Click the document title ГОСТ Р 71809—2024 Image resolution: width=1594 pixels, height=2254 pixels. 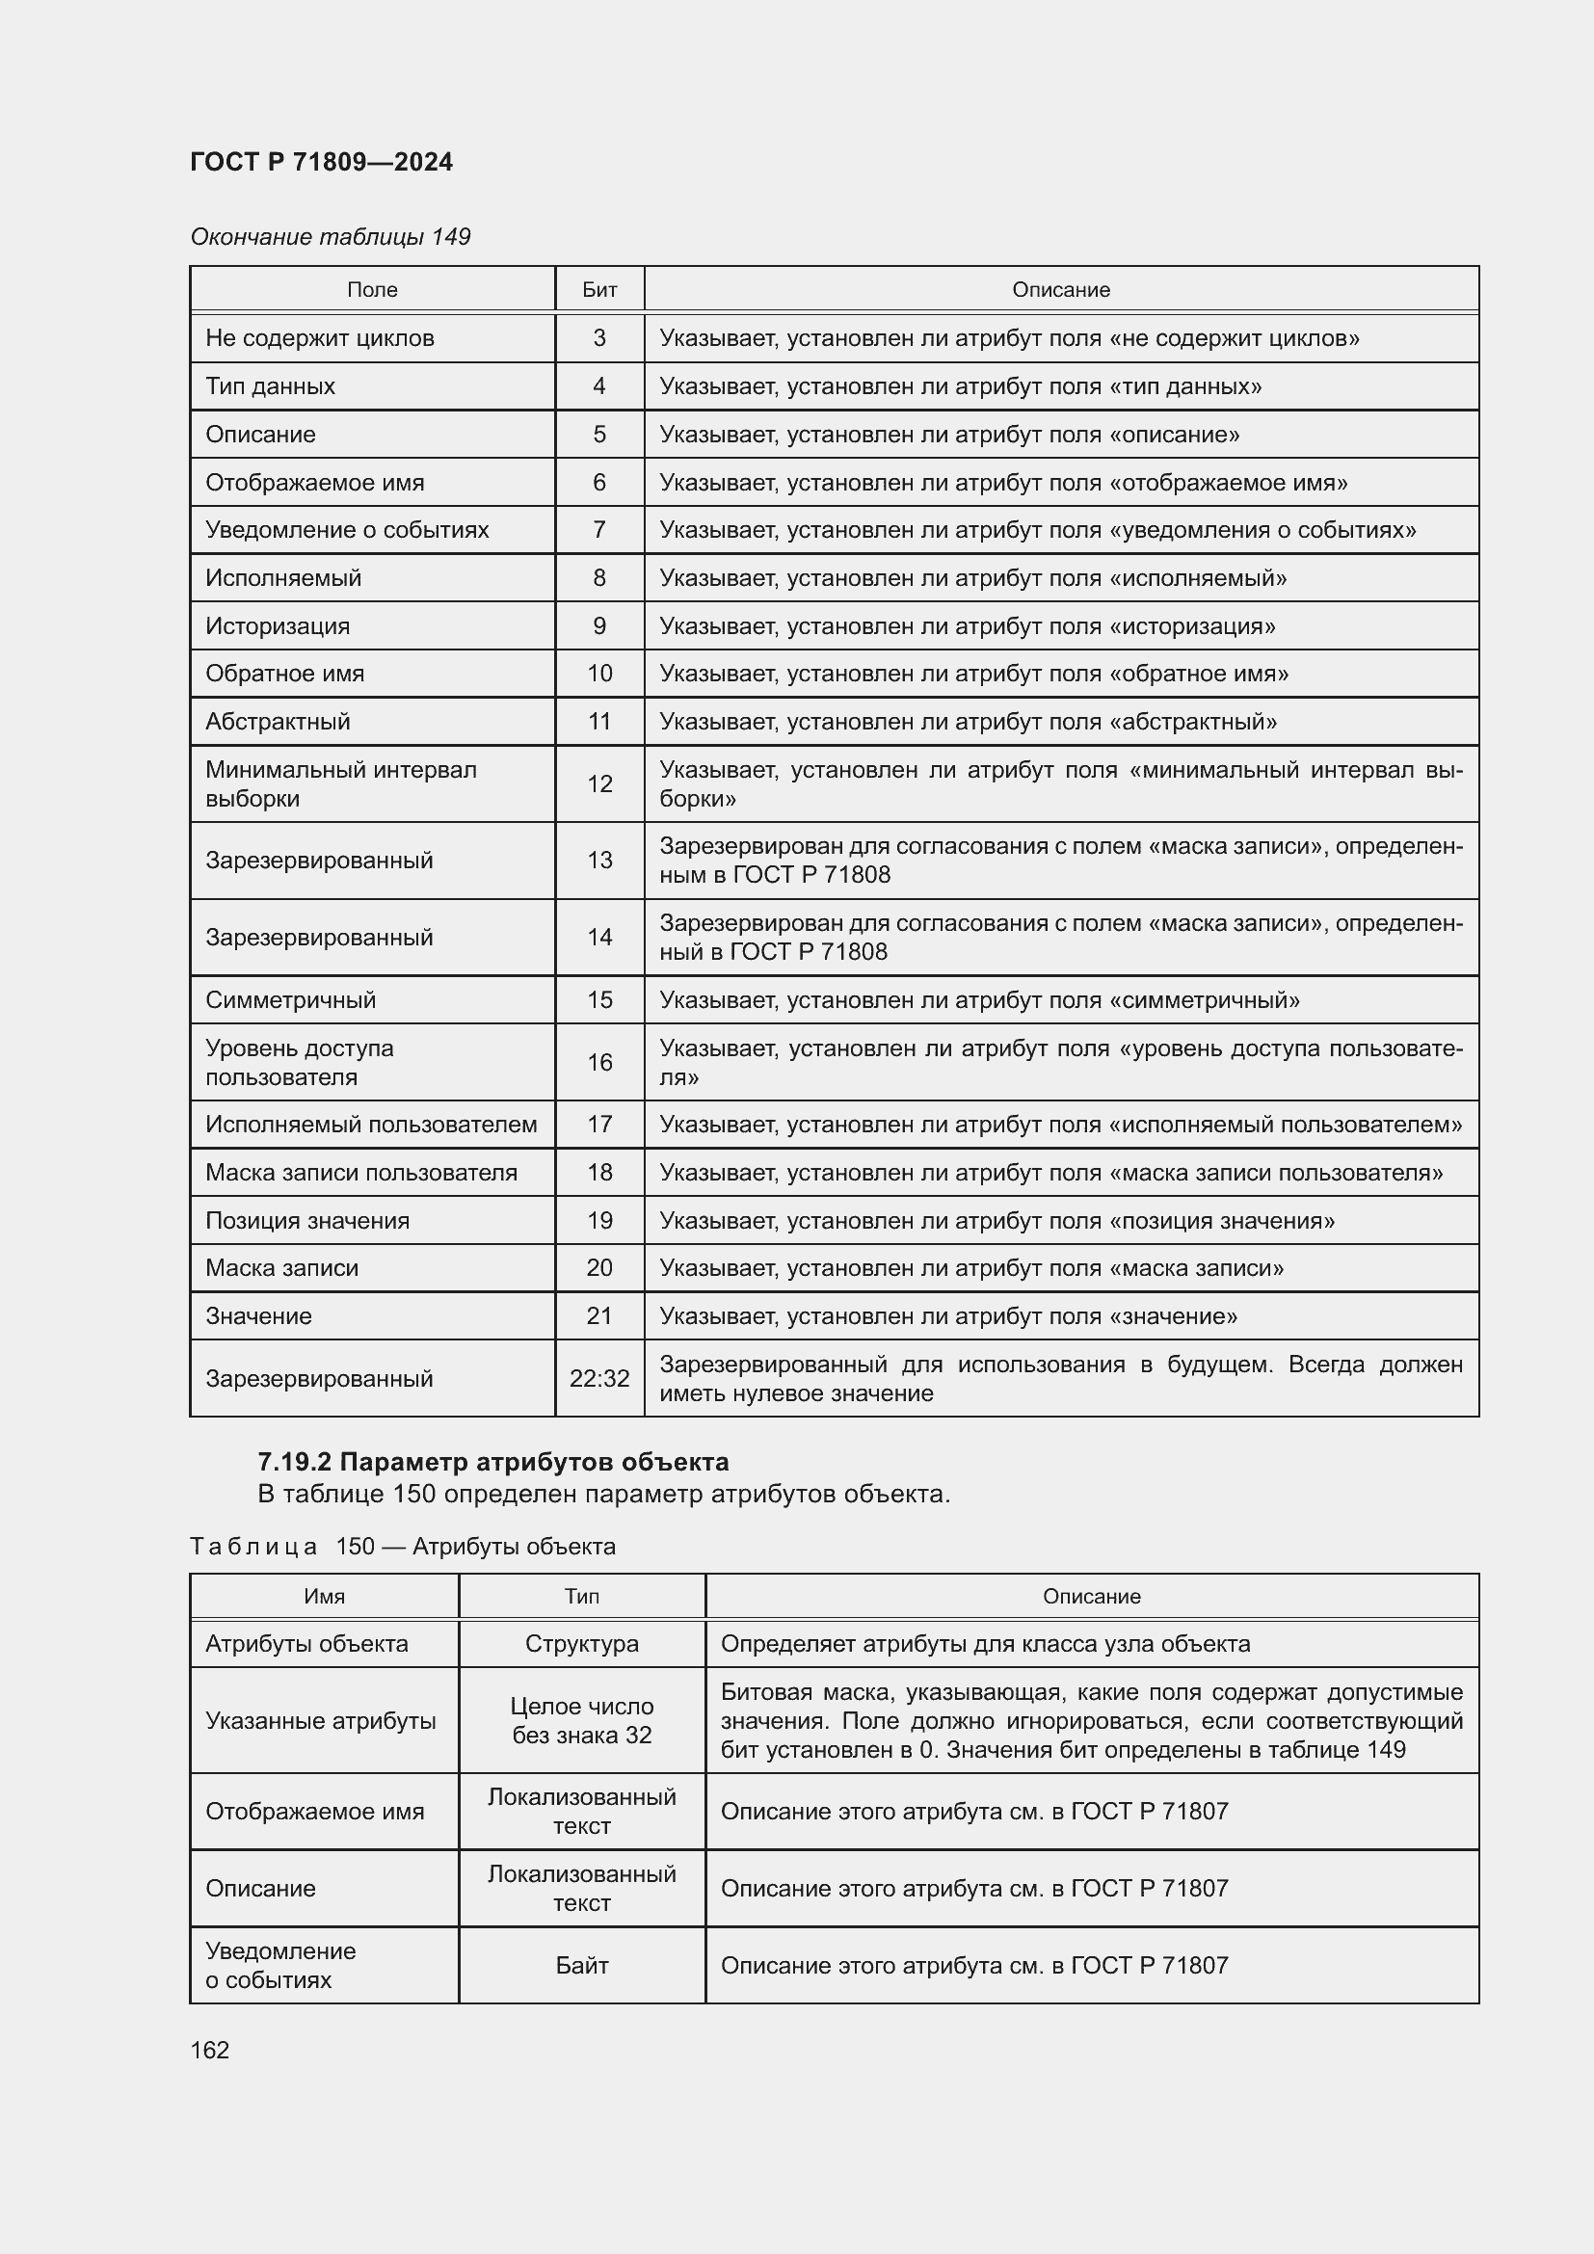coord(321,162)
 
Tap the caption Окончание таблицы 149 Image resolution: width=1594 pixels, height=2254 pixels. coord(330,237)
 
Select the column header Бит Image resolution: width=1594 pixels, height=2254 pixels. coord(598,290)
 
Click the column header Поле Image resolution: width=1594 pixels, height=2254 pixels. coord(372,290)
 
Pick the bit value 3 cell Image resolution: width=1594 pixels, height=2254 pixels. coord(598,337)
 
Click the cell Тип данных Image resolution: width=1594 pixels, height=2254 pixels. coord(270,385)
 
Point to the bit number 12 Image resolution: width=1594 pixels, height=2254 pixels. coord(598,783)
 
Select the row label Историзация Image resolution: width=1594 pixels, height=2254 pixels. coord(277,625)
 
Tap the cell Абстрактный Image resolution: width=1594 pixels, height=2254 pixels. coord(277,722)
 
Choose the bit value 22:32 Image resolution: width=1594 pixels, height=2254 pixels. coord(598,1378)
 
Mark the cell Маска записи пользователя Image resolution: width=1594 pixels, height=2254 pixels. coord(360,1172)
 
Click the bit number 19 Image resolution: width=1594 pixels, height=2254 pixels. coord(598,1220)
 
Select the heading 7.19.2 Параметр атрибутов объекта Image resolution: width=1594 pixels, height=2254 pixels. coord(492,1462)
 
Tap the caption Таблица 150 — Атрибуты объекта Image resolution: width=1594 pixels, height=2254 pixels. coord(403,1546)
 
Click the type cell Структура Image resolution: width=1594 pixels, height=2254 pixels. coord(581,1643)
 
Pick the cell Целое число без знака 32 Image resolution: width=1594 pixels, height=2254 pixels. coord(581,1720)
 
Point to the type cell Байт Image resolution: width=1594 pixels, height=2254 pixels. coord(581,1964)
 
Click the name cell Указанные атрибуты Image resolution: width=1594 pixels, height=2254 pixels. coord(320,1720)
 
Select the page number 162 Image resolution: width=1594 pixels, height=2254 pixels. coord(210,2050)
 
